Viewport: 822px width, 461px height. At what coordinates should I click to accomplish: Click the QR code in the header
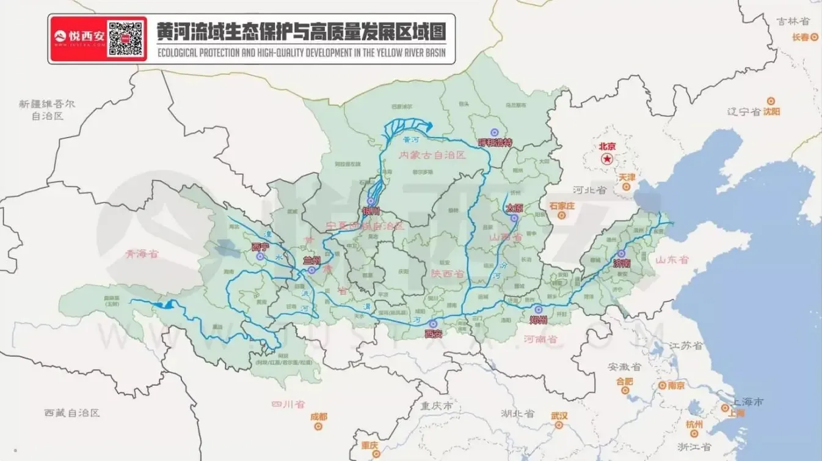127,39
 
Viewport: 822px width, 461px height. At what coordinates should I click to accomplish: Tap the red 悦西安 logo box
79,39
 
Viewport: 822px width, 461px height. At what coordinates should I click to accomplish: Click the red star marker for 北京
607,159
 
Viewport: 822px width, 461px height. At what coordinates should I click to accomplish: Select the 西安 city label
433,334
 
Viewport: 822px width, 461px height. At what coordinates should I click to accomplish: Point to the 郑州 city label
538,320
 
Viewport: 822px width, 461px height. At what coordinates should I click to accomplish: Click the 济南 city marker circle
622,253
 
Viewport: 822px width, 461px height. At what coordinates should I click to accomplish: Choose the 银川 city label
371,211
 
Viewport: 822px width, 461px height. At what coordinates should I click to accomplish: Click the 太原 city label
514,208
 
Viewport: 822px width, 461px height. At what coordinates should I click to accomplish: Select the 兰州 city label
312,260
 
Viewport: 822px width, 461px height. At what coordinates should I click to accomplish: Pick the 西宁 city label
260,247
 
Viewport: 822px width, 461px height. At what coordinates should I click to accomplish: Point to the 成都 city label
319,416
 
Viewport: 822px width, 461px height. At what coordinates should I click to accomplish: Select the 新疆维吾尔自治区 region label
47,109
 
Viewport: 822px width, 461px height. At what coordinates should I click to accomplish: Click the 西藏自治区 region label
71,413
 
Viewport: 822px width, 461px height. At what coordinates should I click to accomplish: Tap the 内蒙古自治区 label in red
432,155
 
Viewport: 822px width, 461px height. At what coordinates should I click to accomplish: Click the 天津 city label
627,177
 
